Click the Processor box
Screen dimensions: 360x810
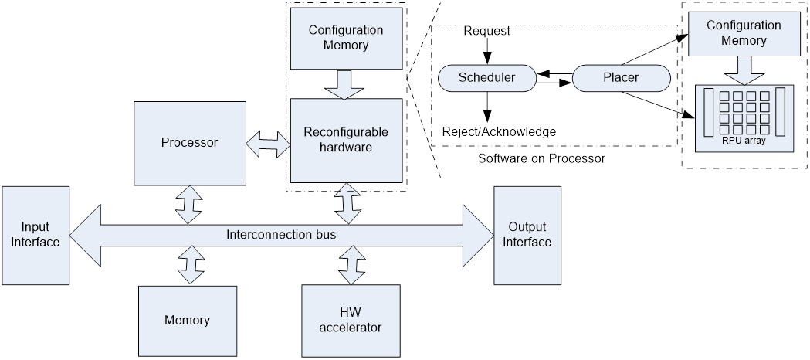pyautogui.click(x=189, y=142)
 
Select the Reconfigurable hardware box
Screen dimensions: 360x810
pyautogui.click(x=346, y=140)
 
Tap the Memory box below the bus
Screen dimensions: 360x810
pyautogui.click(x=187, y=320)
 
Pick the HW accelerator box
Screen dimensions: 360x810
pyautogui.click(x=351, y=320)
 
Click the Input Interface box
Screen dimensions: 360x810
pyautogui.click(x=36, y=234)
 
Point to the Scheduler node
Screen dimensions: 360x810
pyautogui.click(x=486, y=77)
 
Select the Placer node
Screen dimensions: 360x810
pyautogui.click(x=621, y=77)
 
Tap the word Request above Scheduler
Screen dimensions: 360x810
pyautogui.click(x=487, y=31)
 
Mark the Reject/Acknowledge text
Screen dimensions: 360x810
pyautogui.click(x=500, y=131)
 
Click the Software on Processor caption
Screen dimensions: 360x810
pyautogui.click(x=541, y=158)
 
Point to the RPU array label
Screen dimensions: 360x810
pyautogui.click(x=744, y=140)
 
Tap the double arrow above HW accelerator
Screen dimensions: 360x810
pyautogui.click(x=352, y=266)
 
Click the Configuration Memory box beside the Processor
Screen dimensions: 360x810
pyautogui.click(x=346, y=38)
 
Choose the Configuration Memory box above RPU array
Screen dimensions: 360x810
pyautogui.click(x=744, y=33)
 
